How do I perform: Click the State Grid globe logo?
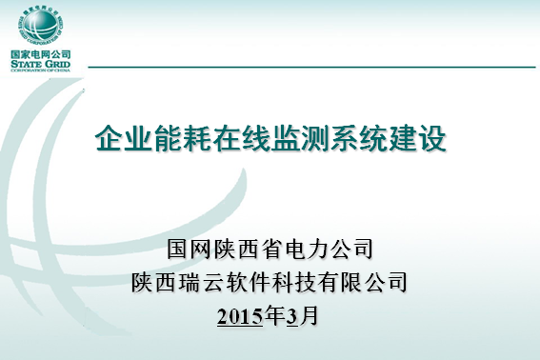click(39, 25)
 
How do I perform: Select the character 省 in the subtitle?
click(280, 250)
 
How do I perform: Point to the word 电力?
click(314, 250)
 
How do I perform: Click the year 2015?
click(239, 316)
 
